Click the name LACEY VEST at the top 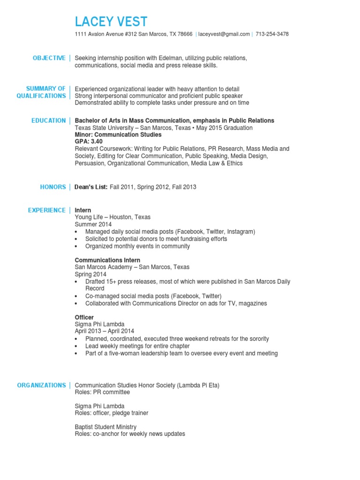pyautogui.click(x=111, y=22)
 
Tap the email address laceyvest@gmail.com pyautogui.click(x=224, y=34)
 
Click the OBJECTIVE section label pyautogui.click(x=49, y=58)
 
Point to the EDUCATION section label pyautogui.click(x=48, y=121)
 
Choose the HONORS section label pyautogui.click(x=53, y=187)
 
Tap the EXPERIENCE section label pyautogui.click(x=46, y=210)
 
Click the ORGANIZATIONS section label pyautogui.click(x=41, y=385)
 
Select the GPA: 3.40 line pyautogui.click(x=89, y=142)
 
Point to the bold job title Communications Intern pyautogui.click(x=107, y=260)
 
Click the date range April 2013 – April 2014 pyautogui.click(x=108, y=331)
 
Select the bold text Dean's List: pyautogui.click(x=91, y=187)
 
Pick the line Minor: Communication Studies pyautogui.click(x=118, y=135)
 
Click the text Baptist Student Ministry pyautogui.click(x=105, y=427)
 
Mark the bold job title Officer pyautogui.click(x=84, y=317)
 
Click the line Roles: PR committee pyautogui.click(x=102, y=392)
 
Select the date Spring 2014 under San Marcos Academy pyautogui.click(x=90, y=274)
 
